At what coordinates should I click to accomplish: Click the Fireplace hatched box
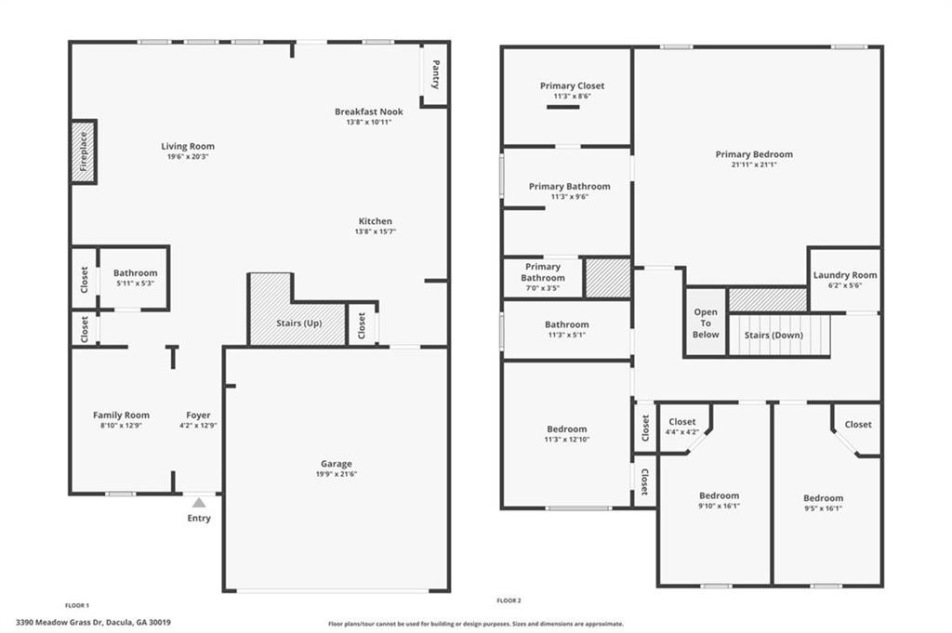[x=84, y=151]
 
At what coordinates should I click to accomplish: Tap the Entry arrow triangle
[x=198, y=502]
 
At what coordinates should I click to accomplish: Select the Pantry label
[x=435, y=73]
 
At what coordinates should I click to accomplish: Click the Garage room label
[x=336, y=464]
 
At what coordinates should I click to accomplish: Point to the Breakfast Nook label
[x=368, y=112]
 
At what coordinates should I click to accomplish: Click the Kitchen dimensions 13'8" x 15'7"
[x=376, y=231]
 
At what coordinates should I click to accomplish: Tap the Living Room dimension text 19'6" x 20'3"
[x=188, y=156]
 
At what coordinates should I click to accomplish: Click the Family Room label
[x=121, y=415]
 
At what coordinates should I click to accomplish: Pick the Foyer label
[x=198, y=415]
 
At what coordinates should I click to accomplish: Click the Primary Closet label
[x=572, y=86]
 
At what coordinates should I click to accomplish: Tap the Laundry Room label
[x=844, y=275]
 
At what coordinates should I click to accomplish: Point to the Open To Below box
[x=706, y=323]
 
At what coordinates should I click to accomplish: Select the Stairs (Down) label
[x=774, y=336]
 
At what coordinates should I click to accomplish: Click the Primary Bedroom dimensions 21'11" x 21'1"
[x=754, y=165]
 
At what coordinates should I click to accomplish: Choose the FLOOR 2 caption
[x=509, y=600]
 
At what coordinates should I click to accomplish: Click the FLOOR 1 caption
[x=77, y=604]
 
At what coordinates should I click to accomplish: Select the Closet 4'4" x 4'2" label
[x=681, y=422]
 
